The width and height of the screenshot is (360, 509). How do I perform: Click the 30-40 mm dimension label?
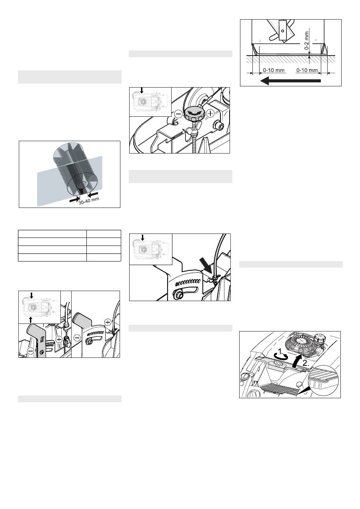[89, 201]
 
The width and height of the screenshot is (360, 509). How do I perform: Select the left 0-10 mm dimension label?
[274, 70]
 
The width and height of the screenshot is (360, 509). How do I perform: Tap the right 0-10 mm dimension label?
[307, 70]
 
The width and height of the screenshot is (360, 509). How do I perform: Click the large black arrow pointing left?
[290, 80]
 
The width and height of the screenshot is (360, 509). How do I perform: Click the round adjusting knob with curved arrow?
[193, 114]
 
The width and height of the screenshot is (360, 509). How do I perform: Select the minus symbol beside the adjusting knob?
[179, 114]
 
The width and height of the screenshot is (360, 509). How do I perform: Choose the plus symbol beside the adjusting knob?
[211, 113]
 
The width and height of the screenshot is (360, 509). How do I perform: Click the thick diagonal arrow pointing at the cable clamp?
[206, 265]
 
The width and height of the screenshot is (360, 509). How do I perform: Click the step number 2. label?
[306, 363]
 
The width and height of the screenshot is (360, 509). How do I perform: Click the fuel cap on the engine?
[320, 338]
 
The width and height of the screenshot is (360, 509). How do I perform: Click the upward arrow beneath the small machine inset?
[31, 320]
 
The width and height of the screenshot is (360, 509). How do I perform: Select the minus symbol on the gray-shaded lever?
[31, 351]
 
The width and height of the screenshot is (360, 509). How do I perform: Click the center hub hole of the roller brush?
[83, 184]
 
